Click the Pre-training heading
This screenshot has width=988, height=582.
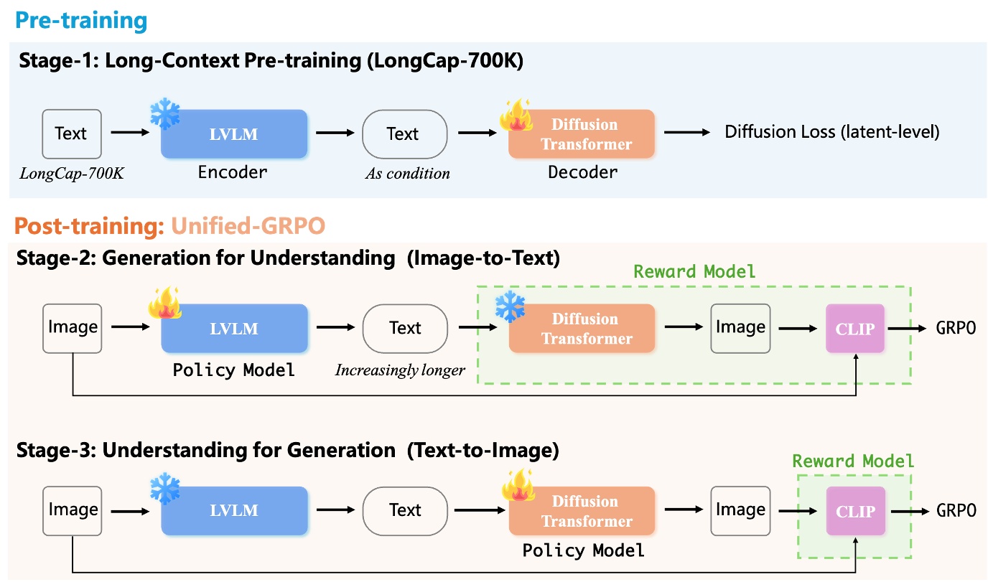click(x=80, y=20)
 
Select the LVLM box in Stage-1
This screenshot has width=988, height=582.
click(x=233, y=134)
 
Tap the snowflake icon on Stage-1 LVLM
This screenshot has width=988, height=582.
click(x=164, y=114)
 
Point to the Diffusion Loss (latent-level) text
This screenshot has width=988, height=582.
click(x=831, y=132)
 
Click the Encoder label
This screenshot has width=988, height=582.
click(x=233, y=172)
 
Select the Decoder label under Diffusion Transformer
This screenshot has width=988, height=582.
click(x=582, y=172)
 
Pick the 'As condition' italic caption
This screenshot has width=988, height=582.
click(x=407, y=173)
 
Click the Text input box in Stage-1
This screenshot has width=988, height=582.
click(x=70, y=133)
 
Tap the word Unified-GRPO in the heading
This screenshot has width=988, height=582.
click(x=248, y=226)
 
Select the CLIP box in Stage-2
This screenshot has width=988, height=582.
click(x=855, y=329)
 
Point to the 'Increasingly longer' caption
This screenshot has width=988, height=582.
click(x=400, y=370)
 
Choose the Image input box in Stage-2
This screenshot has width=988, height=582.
click(x=72, y=328)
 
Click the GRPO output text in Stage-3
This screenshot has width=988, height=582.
click(x=956, y=510)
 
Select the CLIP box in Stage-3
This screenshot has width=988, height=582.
click(x=855, y=511)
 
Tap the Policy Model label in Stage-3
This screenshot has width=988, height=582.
click(x=583, y=550)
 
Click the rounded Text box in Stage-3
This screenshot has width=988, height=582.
click(x=404, y=510)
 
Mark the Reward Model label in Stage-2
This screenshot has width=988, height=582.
click(x=694, y=271)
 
